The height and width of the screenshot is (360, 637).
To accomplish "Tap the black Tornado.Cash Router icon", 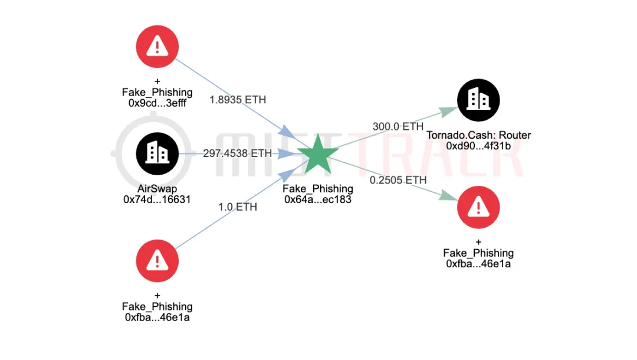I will pyautogui.click(x=478, y=98).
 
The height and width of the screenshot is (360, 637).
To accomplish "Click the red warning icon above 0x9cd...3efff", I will pyautogui.click(x=157, y=45).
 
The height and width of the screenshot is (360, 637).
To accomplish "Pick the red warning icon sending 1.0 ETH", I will pyautogui.click(x=157, y=260).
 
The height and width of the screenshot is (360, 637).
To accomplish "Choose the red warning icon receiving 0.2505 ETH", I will pyautogui.click(x=478, y=206).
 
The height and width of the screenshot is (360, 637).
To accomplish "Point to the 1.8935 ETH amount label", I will pyautogui.click(x=238, y=100).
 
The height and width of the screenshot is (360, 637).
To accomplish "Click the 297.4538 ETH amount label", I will pyautogui.click(x=238, y=153).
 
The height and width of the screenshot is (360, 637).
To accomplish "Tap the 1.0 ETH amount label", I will pyautogui.click(x=238, y=207).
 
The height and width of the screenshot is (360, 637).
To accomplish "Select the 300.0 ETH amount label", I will pyautogui.click(x=398, y=126).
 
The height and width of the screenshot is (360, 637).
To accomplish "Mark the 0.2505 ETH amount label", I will pyautogui.click(x=398, y=179).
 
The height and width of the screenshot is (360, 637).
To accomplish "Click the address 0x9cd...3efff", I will pyautogui.click(x=157, y=103).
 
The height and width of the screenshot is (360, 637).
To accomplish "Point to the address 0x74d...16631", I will pyautogui.click(x=157, y=199).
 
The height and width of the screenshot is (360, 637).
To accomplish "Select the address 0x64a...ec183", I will pyautogui.click(x=318, y=199).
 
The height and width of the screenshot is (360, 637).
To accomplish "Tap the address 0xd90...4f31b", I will pyautogui.click(x=478, y=145).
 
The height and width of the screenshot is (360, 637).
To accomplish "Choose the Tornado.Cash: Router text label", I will pyautogui.click(x=478, y=135).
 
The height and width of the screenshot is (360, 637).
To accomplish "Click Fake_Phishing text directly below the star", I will pyautogui.click(x=318, y=189).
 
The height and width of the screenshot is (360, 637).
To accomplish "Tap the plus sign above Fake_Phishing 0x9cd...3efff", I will pyautogui.click(x=157, y=81).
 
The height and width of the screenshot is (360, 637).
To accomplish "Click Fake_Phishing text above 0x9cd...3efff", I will pyautogui.click(x=157, y=92).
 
